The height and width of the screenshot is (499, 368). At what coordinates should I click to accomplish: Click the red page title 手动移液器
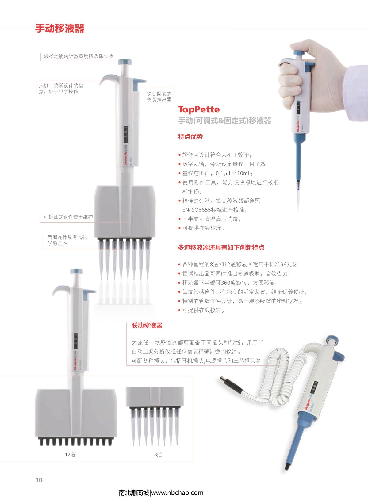[60, 29]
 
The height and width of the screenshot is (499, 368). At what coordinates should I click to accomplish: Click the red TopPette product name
[199, 109]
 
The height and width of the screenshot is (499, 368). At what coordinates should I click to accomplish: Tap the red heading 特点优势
[190, 137]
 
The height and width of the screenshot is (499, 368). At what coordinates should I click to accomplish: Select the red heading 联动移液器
[147, 326]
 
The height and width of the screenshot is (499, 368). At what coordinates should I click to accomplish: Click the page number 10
[39, 480]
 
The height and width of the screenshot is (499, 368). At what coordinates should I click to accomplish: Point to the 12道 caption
[70, 455]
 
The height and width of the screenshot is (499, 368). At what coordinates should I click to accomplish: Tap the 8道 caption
[158, 455]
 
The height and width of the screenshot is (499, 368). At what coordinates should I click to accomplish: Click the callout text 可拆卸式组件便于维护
[68, 217]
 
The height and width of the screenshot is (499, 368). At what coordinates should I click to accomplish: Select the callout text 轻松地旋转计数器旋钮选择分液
[79, 56]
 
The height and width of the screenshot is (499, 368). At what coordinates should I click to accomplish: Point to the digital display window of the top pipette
[125, 135]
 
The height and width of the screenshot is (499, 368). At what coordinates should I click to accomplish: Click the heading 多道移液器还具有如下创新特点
[221, 247]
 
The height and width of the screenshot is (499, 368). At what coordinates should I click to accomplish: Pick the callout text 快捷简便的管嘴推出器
[159, 97]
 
